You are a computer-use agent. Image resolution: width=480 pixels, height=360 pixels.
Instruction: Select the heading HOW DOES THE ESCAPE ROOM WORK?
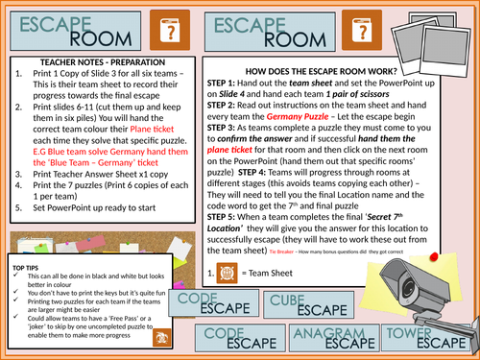[x=328, y=72]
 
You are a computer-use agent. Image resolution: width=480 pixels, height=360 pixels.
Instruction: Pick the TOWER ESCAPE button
[x=441, y=340]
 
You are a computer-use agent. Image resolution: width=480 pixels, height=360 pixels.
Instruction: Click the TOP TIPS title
[x=26, y=260]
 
